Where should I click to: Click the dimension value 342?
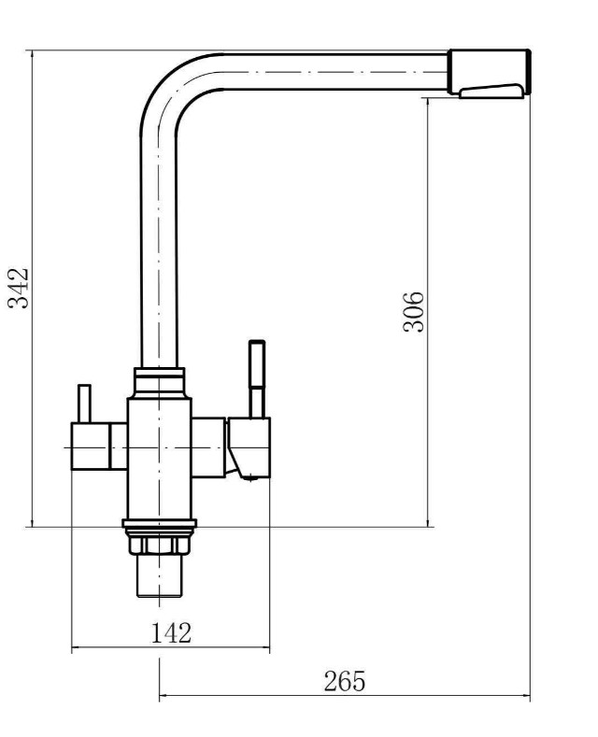click(18, 288)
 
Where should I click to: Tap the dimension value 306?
click(413, 312)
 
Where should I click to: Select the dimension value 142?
click(171, 632)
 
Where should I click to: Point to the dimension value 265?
click(344, 681)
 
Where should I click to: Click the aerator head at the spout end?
click(489, 71)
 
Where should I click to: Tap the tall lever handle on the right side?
click(257, 379)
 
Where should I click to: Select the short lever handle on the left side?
click(84, 404)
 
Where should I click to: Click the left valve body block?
click(91, 446)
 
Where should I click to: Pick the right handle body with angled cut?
click(249, 447)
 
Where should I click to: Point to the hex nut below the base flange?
click(160, 546)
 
